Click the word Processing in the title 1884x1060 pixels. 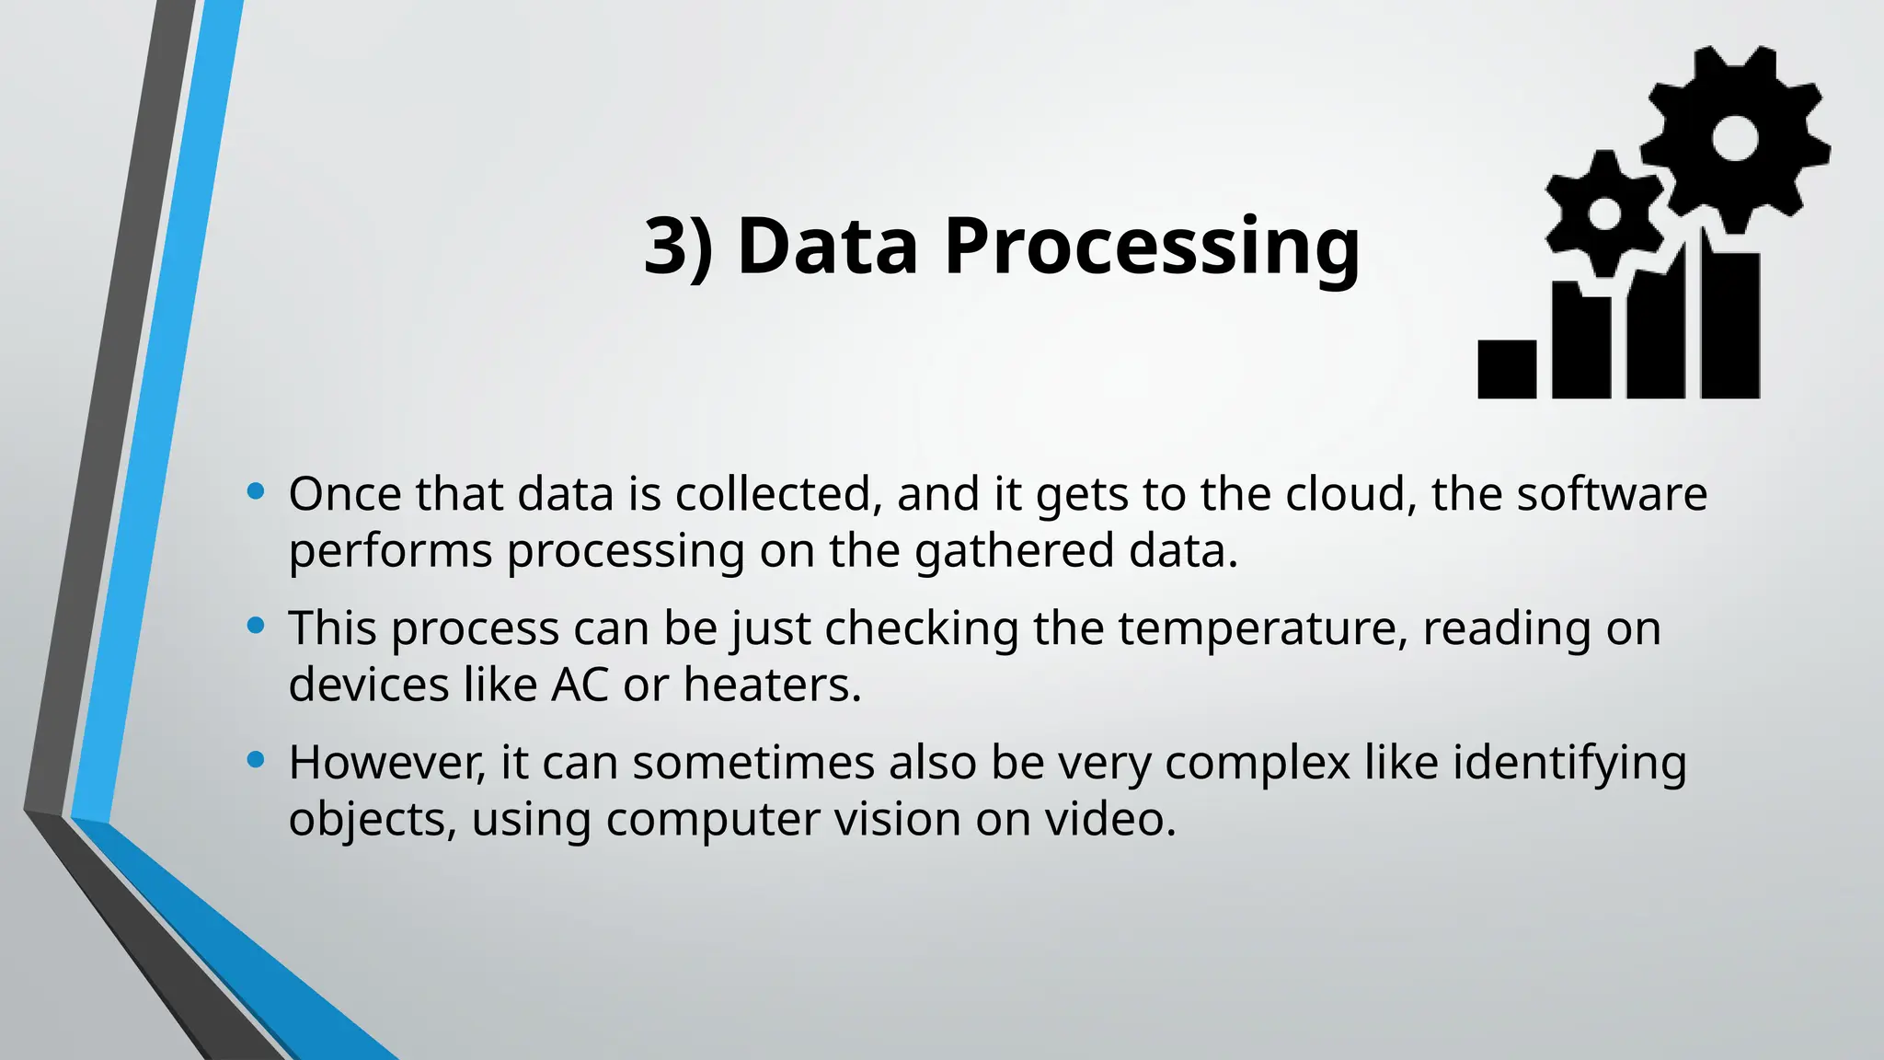click(x=1152, y=247)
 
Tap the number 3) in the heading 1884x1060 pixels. click(x=678, y=247)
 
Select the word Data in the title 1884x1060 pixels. click(x=827, y=247)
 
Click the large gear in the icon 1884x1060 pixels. click(x=1735, y=139)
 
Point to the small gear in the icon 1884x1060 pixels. click(x=1604, y=213)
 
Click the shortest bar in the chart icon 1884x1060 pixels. click(x=1507, y=369)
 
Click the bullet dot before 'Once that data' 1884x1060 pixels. click(x=257, y=492)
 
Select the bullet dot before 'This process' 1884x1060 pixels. click(x=257, y=627)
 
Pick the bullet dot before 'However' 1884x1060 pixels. click(x=257, y=760)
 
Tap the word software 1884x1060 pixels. click(x=1612, y=494)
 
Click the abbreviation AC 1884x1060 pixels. click(x=580, y=686)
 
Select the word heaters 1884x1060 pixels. click(x=772, y=686)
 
